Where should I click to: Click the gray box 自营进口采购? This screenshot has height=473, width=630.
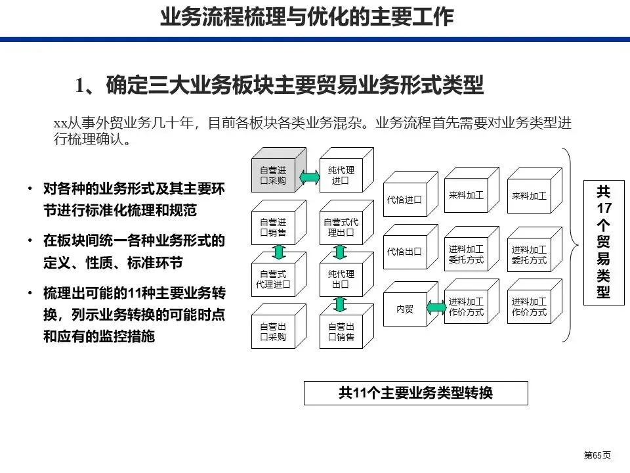273,175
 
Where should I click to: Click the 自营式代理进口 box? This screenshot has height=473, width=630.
273,279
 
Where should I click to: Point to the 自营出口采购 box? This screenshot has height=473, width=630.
273,332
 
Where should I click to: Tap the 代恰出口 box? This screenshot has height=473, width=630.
404,252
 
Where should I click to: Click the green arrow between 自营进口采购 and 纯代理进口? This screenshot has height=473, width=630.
308,177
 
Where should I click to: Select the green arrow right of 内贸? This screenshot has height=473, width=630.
435,306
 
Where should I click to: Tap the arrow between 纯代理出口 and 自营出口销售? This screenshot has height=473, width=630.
340,304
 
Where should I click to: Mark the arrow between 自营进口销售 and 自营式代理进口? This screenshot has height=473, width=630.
278,252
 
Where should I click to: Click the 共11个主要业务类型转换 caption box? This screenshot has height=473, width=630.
415,394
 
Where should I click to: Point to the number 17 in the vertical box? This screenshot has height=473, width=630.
604,208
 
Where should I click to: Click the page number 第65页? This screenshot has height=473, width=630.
598,455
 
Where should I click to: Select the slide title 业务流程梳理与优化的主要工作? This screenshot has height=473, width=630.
307,17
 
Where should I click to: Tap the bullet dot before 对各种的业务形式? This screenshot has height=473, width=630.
30,190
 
